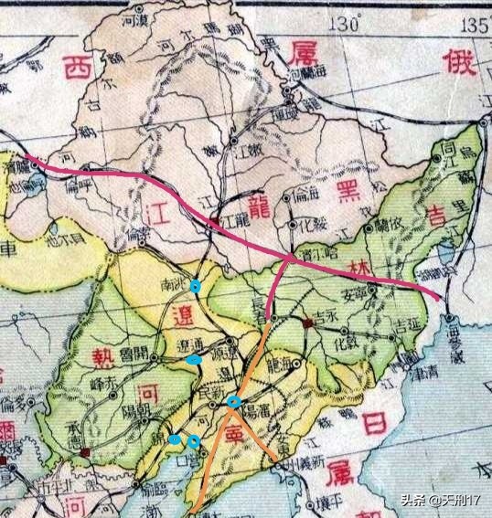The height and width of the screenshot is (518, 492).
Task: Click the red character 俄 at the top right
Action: click(455, 64)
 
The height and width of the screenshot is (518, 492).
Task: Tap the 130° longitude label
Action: click(347, 24)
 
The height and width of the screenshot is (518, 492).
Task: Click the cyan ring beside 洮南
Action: click(195, 287)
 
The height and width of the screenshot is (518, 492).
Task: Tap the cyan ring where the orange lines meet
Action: click(234, 401)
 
